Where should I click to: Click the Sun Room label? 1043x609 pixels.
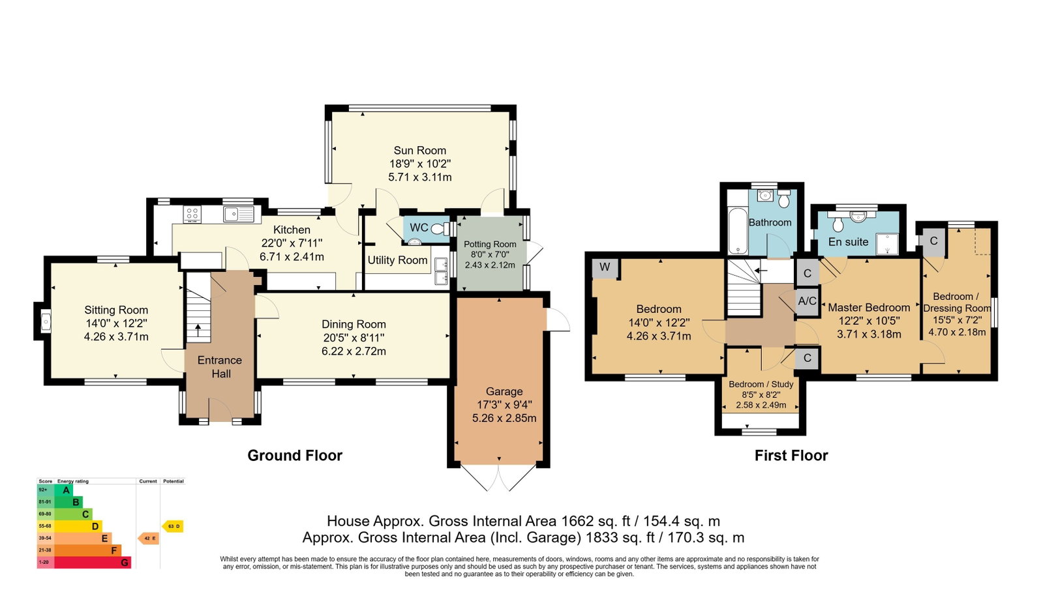pyautogui.click(x=419, y=151)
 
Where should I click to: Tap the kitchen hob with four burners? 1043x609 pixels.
pyautogui.click(x=192, y=214)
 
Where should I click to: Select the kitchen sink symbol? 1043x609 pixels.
pyautogui.click(x=239, y=214)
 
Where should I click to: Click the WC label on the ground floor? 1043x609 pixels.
pyautogui.click(x=419, y=228)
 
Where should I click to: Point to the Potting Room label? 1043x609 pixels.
pyautogui.click(x=490, y=244)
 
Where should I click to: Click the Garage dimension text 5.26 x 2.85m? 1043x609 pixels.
pyautogui.click(x=504, y=418)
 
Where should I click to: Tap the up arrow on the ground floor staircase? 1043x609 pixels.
pyautogui.click(x=198, y=330)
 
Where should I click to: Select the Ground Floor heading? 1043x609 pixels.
pyautogui.click(x=295, y=455)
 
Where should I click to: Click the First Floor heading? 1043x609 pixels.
pyautogui.click(x=791, y=455)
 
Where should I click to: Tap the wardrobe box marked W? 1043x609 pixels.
pyautogui.click(x=605, y=268)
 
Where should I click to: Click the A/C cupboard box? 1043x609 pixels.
pyautogui.click(x=807, y=301)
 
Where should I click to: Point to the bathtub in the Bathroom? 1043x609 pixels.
pyautogui.click(x=737, y=231)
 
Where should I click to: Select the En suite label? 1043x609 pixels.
pyautogui.click(x=849, y=242)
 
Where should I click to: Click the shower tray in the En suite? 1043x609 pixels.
pyautogui.click(x=887, y=244)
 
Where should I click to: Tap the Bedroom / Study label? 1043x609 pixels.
pyautogui.click(x=761, y=384)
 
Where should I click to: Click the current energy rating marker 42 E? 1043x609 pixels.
pyautogui.click(x=149, y=539)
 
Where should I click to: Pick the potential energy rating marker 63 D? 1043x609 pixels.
pyautogui.click(x=173, y=527)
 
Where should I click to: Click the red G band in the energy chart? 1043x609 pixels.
pyautogui.click(x=83, y=563)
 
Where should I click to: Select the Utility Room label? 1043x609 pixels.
pyautogui.click(x=398, y=260)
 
